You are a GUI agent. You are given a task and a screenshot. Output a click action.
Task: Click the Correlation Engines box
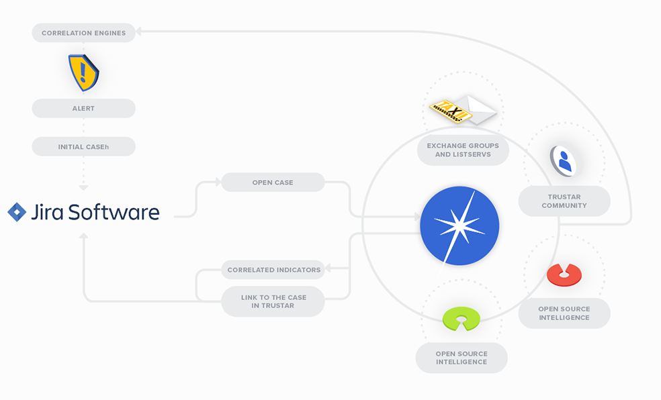click(83, 33)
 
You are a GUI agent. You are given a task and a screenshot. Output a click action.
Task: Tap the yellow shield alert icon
click(83, 72)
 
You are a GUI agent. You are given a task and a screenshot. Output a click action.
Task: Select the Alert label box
click(83, 108)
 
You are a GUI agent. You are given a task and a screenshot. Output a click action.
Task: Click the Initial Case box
click(83, 146)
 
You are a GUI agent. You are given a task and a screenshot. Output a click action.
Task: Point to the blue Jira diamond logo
click(17, 212)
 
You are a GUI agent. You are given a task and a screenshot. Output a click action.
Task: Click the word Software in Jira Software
click(114, 212)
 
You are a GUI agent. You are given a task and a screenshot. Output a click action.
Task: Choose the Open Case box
click(273, 183)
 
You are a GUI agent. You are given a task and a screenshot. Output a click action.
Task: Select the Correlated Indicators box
click(273, 270)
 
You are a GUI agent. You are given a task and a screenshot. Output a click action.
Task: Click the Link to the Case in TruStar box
click(273, 301)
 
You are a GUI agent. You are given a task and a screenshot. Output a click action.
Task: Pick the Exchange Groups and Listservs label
click(463, 150)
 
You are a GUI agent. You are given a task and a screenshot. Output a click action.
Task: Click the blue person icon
click(563, 161)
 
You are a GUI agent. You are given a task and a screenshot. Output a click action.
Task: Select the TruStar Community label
click(564, 201)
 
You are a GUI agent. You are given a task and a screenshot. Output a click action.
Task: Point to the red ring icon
click(564, 275)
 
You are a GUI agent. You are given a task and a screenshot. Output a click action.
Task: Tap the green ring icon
click(461, 319)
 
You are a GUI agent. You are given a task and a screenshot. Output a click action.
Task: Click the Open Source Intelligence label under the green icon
click(461, 358)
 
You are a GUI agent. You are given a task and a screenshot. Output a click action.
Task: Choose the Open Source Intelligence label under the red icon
click(564, 313)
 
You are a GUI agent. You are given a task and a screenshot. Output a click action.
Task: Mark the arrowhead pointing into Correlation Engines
click(138, 31)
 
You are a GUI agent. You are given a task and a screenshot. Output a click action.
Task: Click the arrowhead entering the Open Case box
click(218, 182)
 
